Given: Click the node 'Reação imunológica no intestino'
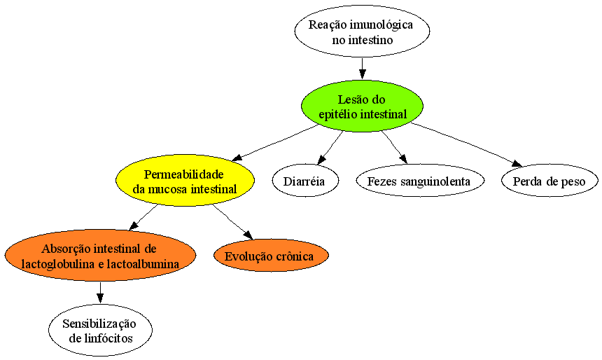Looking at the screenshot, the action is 362,32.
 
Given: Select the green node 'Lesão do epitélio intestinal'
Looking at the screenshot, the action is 362,106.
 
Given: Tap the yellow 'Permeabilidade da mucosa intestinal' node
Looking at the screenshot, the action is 185,181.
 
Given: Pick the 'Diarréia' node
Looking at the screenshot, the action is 306,181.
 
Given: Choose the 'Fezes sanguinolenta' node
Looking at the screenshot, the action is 420,181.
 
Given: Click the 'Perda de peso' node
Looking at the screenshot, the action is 549,181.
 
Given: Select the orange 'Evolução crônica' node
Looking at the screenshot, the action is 271,256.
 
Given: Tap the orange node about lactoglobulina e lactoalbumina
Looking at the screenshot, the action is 100,256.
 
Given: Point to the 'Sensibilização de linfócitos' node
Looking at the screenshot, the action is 100,331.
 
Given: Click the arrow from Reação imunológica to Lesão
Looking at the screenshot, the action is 362,69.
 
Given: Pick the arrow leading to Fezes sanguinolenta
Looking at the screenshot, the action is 394,148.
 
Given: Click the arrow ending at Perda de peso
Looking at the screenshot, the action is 466,145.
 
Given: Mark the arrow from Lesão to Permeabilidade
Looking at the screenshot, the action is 275,143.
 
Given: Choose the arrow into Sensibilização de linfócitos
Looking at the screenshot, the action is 100,293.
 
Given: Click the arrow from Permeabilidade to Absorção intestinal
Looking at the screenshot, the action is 143,217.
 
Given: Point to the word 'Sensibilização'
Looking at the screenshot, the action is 99,324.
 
